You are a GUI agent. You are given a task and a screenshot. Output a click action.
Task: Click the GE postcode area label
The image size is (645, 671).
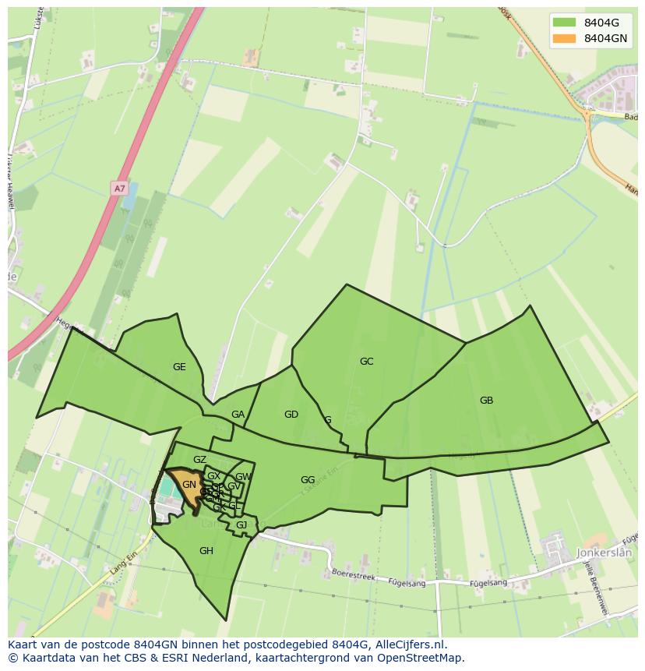point(179,367)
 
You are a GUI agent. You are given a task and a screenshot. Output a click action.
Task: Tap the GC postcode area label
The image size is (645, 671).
point(366,362)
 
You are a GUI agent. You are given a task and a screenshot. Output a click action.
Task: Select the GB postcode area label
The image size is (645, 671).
point(486,401)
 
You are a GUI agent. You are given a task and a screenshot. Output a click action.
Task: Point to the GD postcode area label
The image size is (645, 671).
point(291,415)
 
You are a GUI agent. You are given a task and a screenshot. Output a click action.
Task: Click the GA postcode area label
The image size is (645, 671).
point(238,415)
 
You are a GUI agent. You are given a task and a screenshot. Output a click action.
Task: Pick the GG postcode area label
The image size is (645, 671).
point(308,480)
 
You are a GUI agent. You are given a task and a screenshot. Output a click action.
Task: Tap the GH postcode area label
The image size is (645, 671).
point(206,551)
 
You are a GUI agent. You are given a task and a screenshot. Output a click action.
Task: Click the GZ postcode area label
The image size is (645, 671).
point(199,460)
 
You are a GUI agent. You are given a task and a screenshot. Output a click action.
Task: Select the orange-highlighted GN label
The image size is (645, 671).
point(189,485)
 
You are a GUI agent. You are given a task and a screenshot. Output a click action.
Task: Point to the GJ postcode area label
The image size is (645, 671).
point(241,525)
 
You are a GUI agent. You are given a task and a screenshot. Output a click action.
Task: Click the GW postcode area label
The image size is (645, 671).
point(243,477)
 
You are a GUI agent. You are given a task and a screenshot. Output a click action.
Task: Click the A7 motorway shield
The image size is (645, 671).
point(119,189)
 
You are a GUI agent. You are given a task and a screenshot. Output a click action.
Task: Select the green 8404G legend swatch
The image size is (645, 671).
point(564,22)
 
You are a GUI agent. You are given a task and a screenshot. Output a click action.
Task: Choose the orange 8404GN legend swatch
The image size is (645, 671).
point(564,37)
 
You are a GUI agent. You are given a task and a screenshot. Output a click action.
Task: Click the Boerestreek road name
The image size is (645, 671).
point(354,575)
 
